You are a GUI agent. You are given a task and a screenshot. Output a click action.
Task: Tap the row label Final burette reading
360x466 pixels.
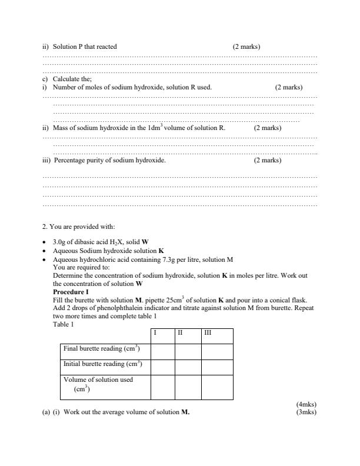[101, 349]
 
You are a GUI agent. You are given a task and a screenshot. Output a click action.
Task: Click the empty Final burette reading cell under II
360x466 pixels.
[188, 351]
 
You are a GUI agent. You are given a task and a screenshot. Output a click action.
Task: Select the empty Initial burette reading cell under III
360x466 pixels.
[217, 366]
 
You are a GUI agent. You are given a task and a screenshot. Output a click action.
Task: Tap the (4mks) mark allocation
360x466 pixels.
[306, 404]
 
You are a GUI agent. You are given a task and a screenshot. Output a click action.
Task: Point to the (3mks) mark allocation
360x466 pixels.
[306, 412]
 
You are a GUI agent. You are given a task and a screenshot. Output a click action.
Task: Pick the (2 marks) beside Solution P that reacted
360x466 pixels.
[246, 46]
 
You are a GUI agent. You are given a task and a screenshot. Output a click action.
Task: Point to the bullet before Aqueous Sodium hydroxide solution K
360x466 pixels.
[45, 251]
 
